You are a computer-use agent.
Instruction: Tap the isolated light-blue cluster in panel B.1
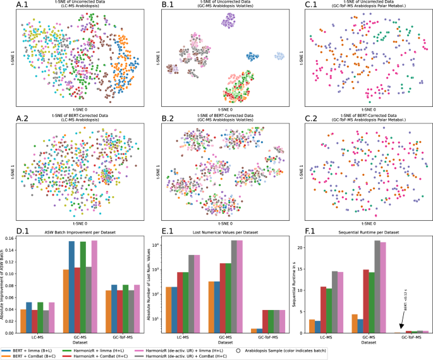point(277,56)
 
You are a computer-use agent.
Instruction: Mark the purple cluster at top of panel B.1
point(228,22)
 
